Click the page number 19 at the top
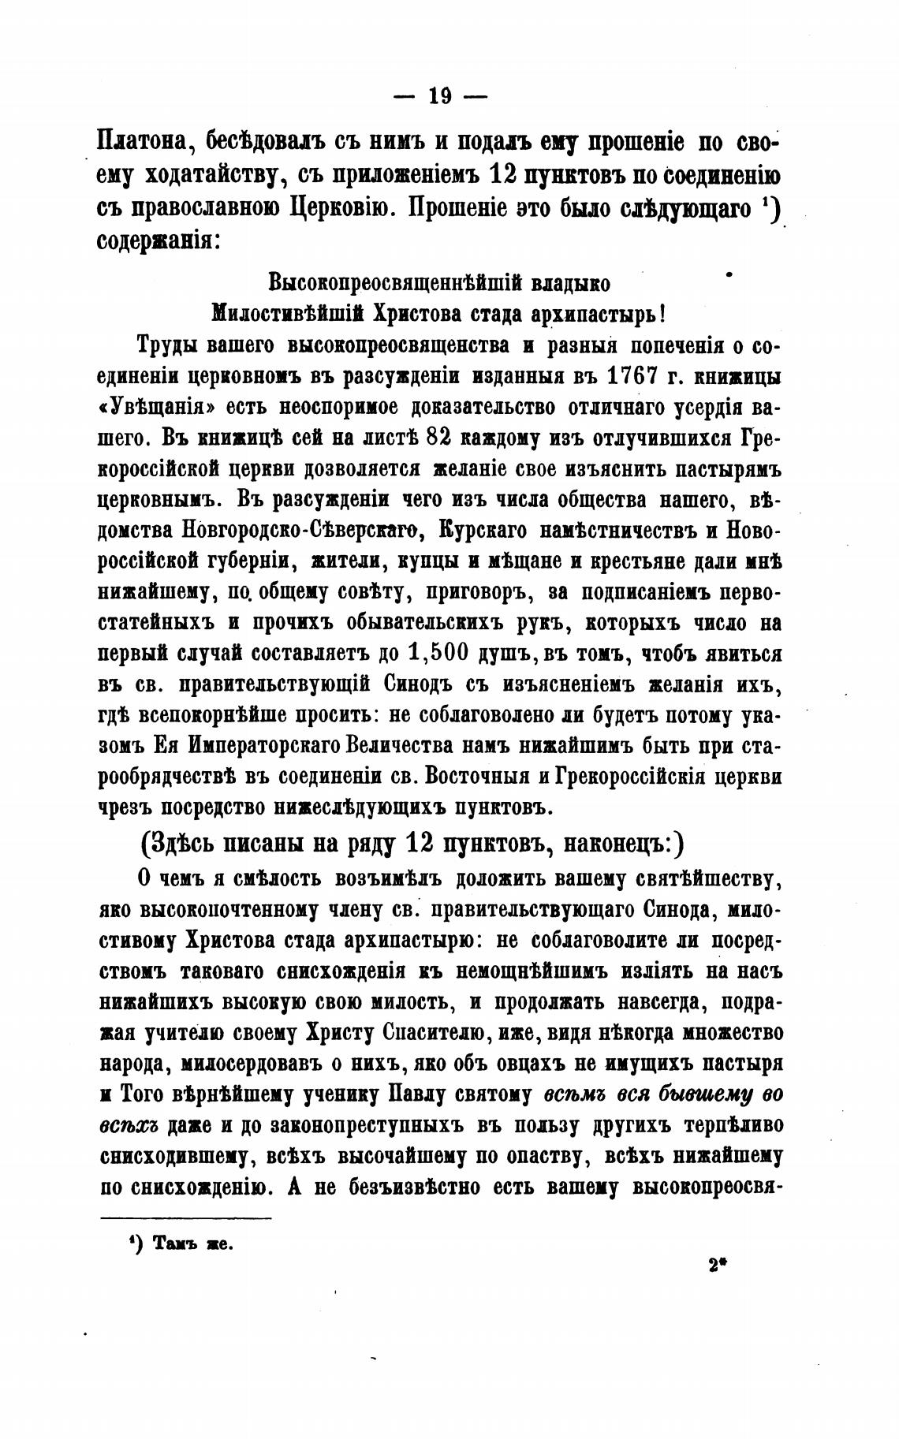coord(440,96)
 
